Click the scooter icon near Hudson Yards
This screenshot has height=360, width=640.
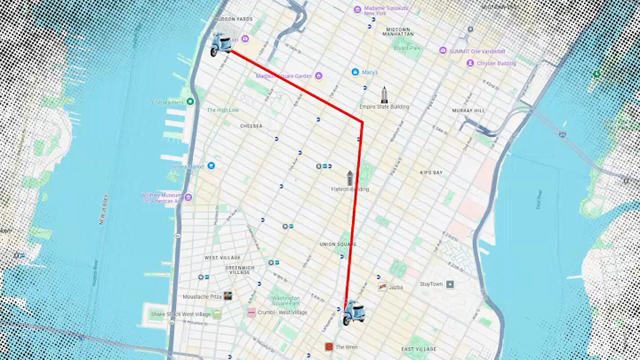tap(221, 45)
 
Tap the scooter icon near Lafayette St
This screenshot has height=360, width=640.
tap(354, 313)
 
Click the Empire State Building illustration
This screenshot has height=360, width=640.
tap(384, 95)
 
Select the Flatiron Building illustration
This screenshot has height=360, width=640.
tap(350, 178)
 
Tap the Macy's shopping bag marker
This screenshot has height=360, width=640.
tap(355, 72)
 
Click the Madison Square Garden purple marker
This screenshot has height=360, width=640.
tap(319, 76)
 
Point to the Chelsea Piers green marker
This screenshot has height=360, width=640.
tap(190, 101)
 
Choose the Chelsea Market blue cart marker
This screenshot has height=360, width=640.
tap(211, 166)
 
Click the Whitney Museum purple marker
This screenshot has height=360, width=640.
tap(188, 197)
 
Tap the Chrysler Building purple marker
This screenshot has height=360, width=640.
tap(470, 63)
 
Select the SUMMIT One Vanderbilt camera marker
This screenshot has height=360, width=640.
tap(443, 51)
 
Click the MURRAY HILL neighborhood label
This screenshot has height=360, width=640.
tap(468, 111)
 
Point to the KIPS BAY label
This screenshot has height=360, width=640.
tap(431, 173)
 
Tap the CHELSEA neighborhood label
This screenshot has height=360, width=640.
tap(251, 126)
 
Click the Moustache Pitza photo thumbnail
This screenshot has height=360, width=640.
tap(228, 296)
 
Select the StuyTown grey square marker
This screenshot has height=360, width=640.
tap(450, 284)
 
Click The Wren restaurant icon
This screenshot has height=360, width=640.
tap(329, 347)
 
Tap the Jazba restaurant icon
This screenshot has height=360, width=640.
tap(382, 287)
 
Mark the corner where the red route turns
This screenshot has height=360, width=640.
tap(362, 122)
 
